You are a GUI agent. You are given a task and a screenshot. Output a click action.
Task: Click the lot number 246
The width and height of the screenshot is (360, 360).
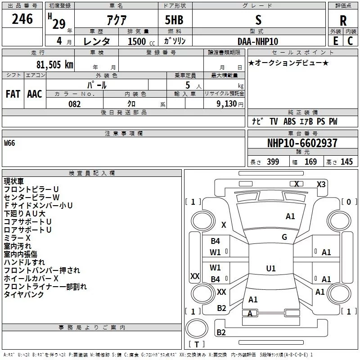(22, 19)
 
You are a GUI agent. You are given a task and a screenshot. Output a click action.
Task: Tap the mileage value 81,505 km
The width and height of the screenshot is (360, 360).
(55, 65)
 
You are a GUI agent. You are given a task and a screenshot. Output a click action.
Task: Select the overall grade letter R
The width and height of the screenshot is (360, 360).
(343, 21)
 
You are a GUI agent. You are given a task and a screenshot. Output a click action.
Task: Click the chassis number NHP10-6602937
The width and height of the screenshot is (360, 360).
(302, 143)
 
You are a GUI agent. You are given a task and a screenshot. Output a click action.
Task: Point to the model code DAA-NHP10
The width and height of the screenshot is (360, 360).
(258, 41)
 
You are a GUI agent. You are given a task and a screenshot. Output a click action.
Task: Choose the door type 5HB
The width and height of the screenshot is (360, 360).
(174, 20)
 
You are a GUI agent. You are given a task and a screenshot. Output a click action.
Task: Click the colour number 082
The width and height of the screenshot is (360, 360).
(75, 104)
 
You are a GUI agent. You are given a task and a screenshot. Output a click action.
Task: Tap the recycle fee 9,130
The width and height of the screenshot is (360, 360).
(227, 104)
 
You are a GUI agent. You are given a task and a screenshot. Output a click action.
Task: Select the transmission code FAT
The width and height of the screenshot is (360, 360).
(13, 94)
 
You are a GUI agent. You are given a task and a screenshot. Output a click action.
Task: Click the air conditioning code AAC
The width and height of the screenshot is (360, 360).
(35, 94)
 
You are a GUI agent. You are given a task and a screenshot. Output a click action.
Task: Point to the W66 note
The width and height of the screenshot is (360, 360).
(9, 143)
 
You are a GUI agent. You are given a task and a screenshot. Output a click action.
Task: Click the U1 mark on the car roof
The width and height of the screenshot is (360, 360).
(271, 268)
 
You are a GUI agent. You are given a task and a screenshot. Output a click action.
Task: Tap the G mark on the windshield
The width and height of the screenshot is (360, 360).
(284, 237)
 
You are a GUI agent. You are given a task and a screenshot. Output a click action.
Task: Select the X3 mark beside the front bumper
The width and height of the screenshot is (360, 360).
(321, 184)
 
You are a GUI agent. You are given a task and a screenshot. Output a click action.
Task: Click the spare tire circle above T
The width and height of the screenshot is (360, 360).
(197, 328)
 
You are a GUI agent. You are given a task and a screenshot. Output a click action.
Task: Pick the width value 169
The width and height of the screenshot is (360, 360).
(310, 162)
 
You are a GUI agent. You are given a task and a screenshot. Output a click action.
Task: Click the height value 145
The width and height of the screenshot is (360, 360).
(346, 162)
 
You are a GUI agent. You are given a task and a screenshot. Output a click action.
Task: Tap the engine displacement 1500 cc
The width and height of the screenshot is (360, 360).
(141, 41)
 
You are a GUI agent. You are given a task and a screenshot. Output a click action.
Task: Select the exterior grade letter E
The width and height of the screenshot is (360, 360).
(335, 41)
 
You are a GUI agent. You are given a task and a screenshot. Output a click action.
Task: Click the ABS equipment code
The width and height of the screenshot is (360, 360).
(289, 121)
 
